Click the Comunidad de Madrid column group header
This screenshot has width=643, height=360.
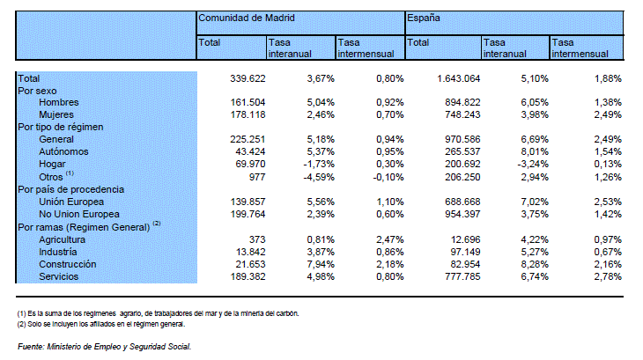click(x=247, y=18)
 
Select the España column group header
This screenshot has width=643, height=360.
click(x=423, y=18)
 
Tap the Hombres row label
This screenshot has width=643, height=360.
click(x=59, y=102)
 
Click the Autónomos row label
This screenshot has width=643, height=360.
click(x=63, y=151)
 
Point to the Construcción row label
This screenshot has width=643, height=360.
click(x=68, y=264)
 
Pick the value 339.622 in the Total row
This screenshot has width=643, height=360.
click(x=248, y=78)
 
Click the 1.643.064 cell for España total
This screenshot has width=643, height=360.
click(x=458, y=78)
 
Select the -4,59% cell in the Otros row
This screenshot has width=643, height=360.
click(x=319, y=177)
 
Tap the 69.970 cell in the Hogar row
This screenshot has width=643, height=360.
click(x=250, y=165)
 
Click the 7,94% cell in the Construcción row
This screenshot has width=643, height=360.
click(x=321, y=264)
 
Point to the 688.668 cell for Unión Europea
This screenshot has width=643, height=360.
click(x=462, y=202)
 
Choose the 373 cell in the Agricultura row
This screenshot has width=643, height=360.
click(x=257, y=239)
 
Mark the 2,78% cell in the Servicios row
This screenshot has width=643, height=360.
click(x=608, y=276)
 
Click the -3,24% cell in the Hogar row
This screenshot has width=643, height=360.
click(x=533, y=165)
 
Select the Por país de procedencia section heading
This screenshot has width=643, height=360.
click(x=70, y=189)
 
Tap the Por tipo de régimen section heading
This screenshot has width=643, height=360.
click(x=60, y=127)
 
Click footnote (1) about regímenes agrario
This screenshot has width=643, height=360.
click(x=158, y=313)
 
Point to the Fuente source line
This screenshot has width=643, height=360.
click(x=104, y=347)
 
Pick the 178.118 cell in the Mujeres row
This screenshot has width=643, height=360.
click(x=248, y=114)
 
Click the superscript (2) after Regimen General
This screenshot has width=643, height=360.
click(x=157, y=224)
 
